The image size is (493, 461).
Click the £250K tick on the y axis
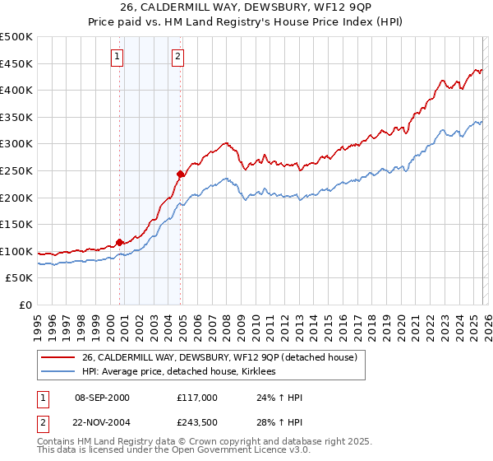click(x=16, y=170)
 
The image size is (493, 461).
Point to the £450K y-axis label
click(x=16, y=63)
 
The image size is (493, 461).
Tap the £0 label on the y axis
click(x=25, y=305)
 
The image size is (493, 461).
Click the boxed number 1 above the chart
click(x=117, y=57)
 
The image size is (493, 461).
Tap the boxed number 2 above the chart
click(x=177, y=57)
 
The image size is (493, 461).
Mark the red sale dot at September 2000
click(x=119, y=242)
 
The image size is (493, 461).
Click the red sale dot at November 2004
click(x=180, y=174)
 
